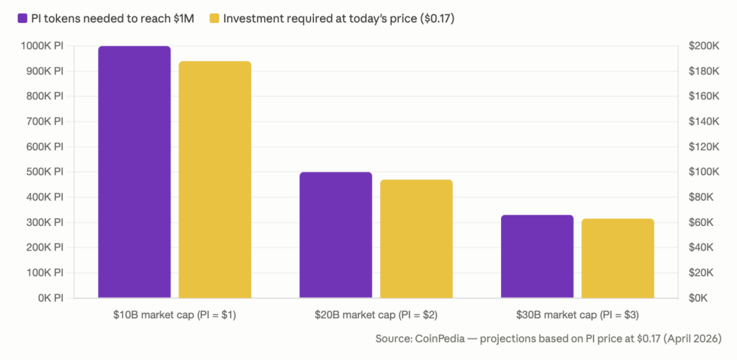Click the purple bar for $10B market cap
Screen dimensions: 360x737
tap(135, 171)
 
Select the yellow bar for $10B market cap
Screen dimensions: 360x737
tap(215, 179)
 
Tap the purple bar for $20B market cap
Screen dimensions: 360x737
tap(336, 235)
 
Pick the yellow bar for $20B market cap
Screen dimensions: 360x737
tap(417, 238)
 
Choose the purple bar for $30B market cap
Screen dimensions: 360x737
tap(538, 256)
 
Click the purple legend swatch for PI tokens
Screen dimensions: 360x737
tap(22, 18)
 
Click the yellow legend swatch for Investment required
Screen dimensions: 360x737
tap(214, 18)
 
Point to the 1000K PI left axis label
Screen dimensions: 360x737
tap(42, 46)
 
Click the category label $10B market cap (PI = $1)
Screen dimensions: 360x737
tap(175, 315)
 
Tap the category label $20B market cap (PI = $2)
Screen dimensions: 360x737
tap(376, 315)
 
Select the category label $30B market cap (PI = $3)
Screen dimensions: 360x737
tap(578, 315)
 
